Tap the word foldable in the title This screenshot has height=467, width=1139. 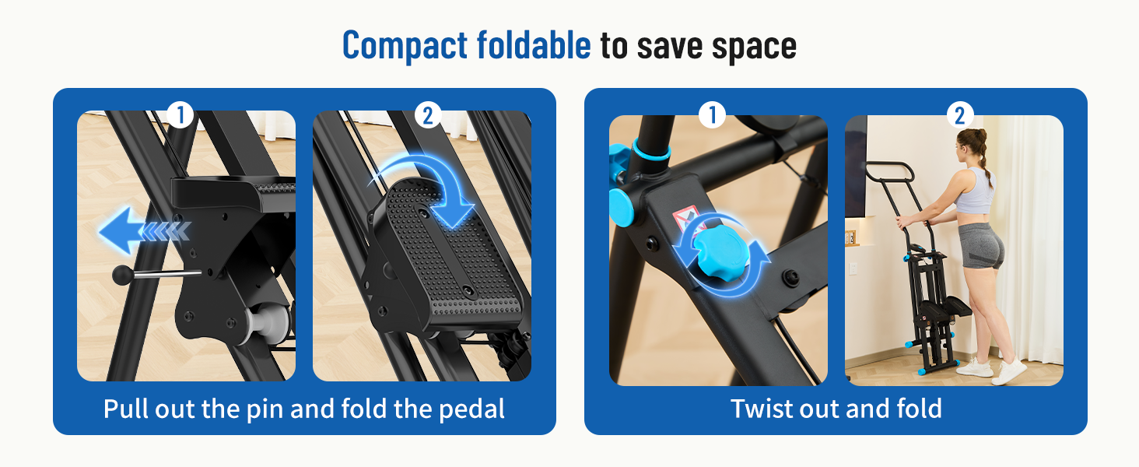coord(534,45)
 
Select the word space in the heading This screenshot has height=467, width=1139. coord(754,47)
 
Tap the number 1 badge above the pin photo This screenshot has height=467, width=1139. coord(180,115)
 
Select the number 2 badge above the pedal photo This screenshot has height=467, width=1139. coord(428,115)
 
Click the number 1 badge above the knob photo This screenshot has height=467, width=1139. coord(712,115)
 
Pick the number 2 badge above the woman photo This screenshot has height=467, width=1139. coord(959,115)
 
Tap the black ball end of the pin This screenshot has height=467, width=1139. coord(123,276)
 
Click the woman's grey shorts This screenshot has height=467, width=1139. coord(980,245)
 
